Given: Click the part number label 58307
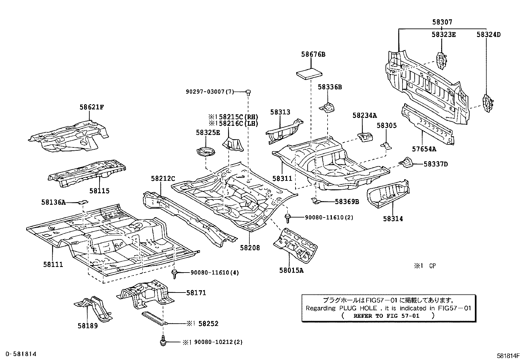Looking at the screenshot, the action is coord(442,22).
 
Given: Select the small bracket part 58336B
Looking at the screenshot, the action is coord(328,107).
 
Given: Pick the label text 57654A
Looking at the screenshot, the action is coord(424,149).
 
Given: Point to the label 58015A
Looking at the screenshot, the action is coord(291,271).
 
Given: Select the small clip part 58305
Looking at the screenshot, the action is coord(386,145).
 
